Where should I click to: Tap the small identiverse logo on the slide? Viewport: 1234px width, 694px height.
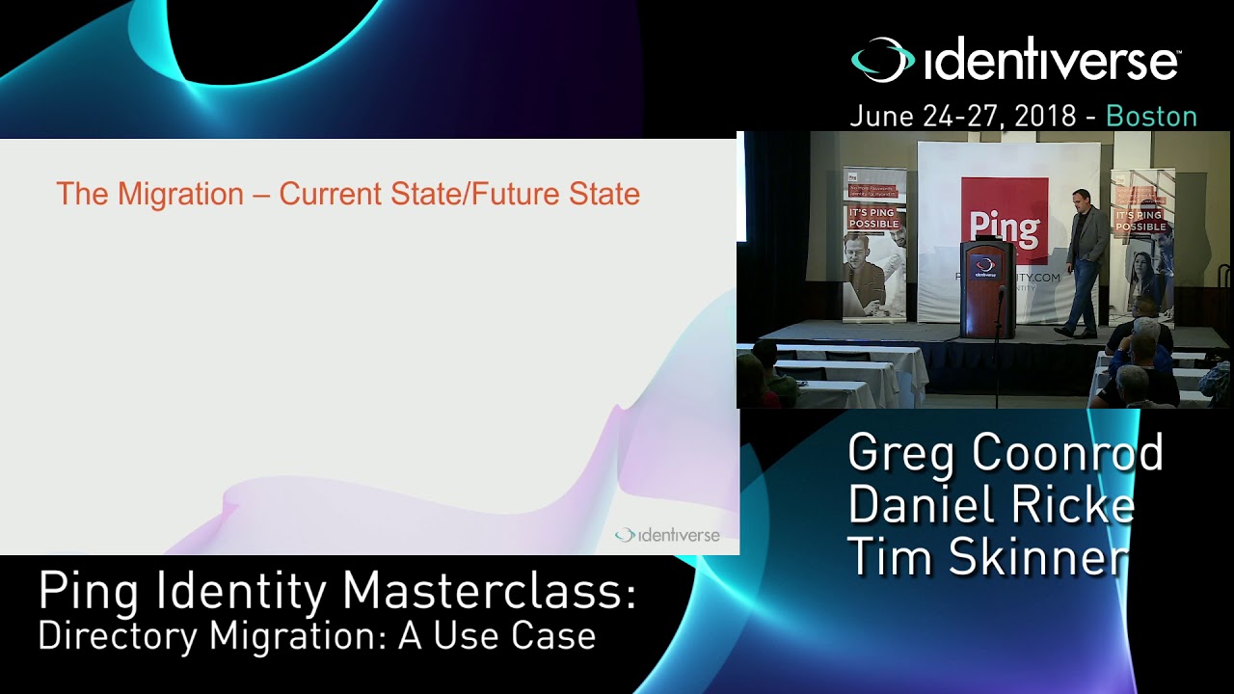tap(667, 535)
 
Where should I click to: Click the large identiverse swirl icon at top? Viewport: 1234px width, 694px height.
tap(882, 60)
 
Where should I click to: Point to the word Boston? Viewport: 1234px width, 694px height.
tap(1151, 117)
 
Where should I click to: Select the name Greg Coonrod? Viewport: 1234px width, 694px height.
tap(1005, 452)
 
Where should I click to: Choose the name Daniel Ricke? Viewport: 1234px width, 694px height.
tap(991, 504)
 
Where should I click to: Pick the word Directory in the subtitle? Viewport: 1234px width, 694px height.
tap(112, 636)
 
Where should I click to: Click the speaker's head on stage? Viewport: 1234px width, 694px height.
tap(1081, 198)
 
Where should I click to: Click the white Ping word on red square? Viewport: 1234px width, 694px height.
tap(1004, 227)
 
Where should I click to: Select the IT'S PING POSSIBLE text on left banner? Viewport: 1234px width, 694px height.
tap(873, 218)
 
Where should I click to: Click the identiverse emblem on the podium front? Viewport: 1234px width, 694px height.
tap(984, 267)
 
